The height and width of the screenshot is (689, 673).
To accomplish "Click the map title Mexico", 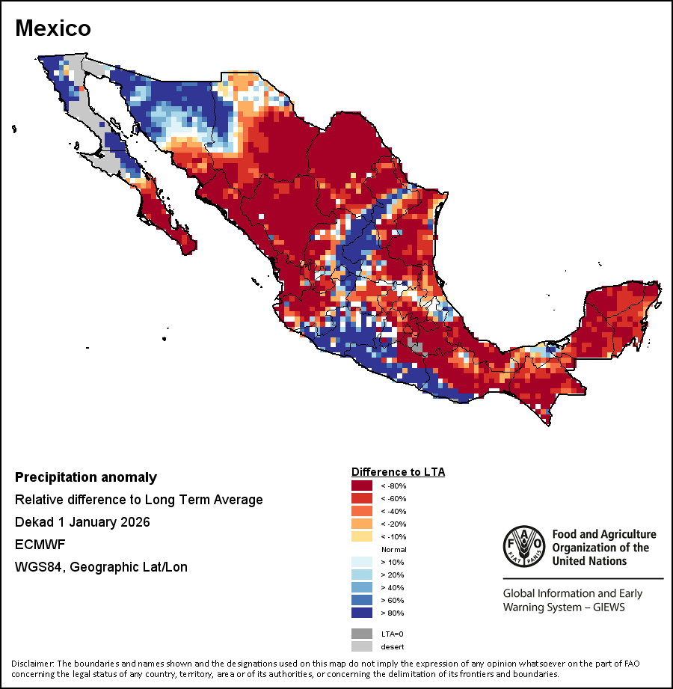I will (53, 28).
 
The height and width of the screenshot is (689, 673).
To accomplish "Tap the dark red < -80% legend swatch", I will (362, 486).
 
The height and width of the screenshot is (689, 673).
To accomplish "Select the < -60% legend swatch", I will (362, 498).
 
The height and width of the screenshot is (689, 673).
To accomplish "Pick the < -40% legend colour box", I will (362, 511).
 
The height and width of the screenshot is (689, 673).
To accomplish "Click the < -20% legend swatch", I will (362, 524).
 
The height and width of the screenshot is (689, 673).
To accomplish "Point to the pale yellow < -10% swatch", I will (362, 536).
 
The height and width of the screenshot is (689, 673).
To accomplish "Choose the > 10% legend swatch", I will (362, 562).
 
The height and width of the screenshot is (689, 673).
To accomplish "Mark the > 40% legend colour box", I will (362, 587).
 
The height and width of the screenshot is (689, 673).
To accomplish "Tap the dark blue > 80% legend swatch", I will (362, 613).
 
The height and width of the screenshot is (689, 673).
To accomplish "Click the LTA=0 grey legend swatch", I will (362, 634).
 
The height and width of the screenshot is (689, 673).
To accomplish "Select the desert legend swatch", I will (362, 646).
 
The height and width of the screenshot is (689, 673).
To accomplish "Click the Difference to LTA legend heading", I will (398, 472).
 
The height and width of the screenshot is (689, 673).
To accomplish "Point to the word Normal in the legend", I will (393, 549).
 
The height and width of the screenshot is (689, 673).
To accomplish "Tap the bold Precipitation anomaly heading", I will (86, 477).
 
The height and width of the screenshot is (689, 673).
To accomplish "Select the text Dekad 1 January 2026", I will (82, 522).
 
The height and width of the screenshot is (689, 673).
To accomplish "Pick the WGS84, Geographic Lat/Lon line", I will (101, 567).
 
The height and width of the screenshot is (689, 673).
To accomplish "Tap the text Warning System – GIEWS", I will (564, 607).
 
